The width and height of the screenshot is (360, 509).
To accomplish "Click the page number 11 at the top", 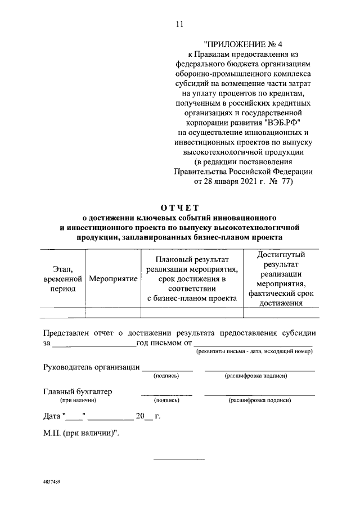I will (x=179, y=24).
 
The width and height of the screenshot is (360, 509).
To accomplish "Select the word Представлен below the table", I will (x=70, y=332).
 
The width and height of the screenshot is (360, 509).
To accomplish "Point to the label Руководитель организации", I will (x=92, y=367).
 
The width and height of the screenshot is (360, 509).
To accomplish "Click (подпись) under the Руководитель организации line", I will (x=166, y=376).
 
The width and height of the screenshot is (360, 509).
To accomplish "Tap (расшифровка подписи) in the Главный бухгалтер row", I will (x=259, y=400).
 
